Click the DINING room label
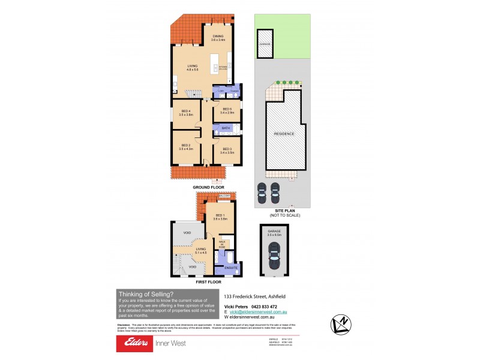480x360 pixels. (218, 36)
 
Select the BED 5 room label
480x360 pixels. (226, 109)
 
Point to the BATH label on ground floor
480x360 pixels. (226, 128)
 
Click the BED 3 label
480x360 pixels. (227, 149)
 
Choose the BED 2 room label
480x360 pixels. (186, 145)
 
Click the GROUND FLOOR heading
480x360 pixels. (208, 187)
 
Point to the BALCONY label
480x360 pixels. (224, 196)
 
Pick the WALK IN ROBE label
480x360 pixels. (222, 244)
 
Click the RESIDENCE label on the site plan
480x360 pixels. (284, 134)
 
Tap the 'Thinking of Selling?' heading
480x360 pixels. (146, 294)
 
